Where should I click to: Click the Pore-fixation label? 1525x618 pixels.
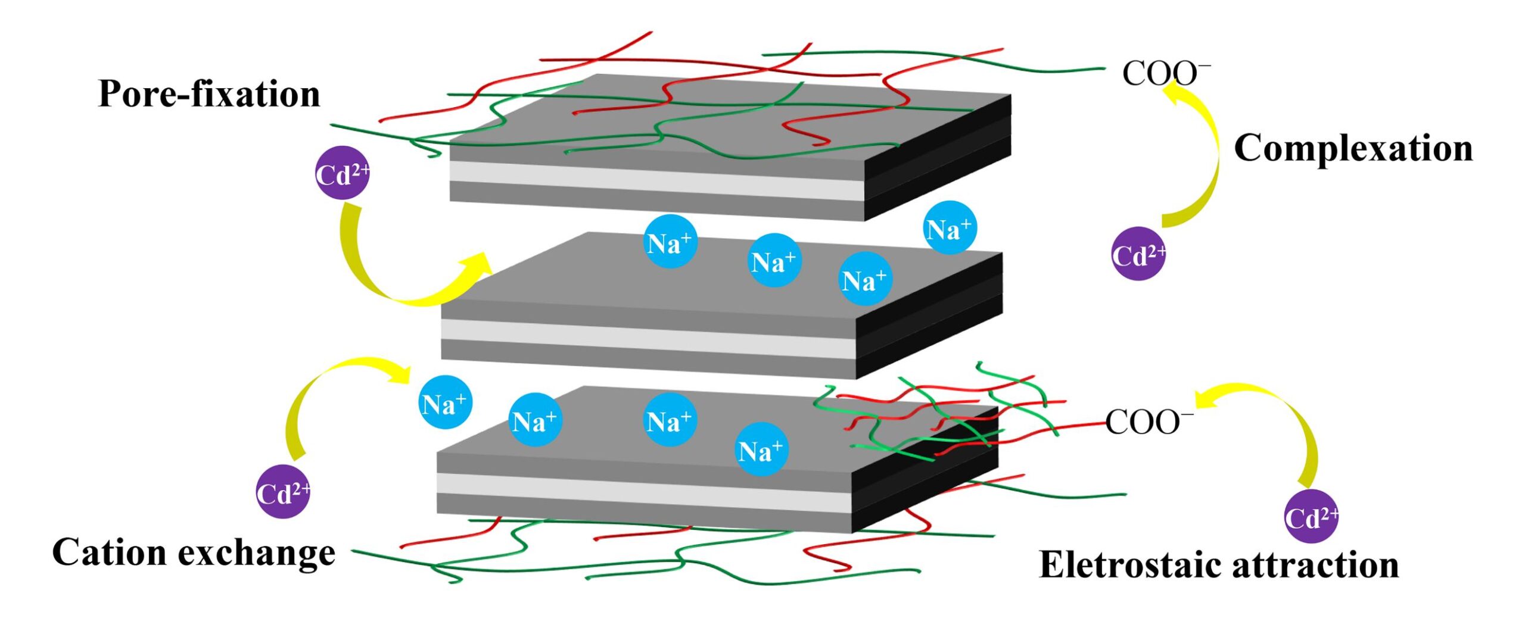click(x=208, y=94)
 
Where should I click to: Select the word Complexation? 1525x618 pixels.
click(x=1353, y=148)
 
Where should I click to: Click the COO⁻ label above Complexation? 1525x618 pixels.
click(x=1162, y=74)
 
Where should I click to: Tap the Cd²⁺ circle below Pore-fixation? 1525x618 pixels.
click(x=342, y=173)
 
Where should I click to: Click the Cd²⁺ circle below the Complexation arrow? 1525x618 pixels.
click(x=1138, y=254)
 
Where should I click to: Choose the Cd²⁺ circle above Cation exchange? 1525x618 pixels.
click(x=283, y=492)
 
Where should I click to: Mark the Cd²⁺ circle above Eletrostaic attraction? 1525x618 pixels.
click(x=1311, y=516)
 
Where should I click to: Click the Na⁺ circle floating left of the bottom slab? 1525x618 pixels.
click(x=445, y=402)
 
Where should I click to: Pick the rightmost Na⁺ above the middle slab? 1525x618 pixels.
click(x=950, y=228)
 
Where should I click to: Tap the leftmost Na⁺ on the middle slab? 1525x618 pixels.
click(x=670, y=242)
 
